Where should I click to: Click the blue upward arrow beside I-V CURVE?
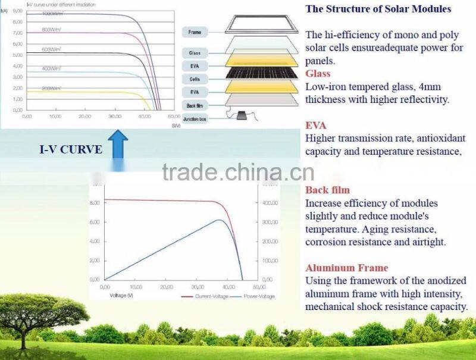(119, 144)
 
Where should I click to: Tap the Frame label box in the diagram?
(195, 32)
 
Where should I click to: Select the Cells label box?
(195, 79)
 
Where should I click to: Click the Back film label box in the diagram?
(195, 105)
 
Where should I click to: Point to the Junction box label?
(195, 118)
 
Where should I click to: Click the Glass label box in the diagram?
(195, 53)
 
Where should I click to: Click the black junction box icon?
(243, 115)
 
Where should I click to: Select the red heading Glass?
(318, 74)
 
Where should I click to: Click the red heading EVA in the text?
(315, 126)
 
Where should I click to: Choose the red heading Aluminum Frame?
(346, 268)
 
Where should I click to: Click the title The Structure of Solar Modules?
(378, 9)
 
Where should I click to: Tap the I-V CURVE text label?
(70, 150)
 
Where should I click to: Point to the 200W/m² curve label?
(52, 88)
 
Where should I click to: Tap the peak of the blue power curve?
(220, 220)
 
